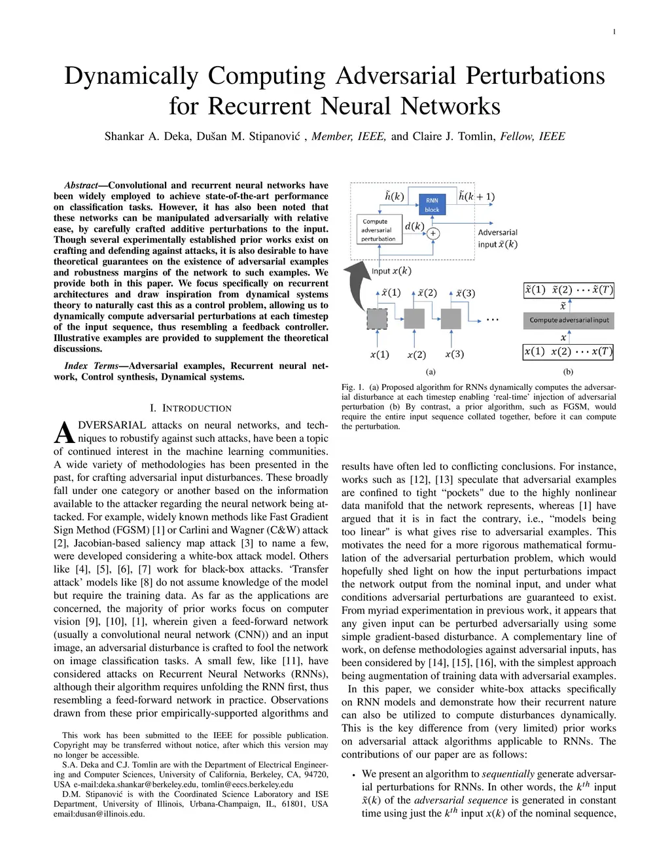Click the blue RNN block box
pos(432,205)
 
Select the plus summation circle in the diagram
pos(433,233)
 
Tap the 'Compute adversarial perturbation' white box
pos(378,230)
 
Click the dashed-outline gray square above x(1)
pos(377,319)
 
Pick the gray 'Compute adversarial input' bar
pos(569,320)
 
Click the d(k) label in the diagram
pos(414,226)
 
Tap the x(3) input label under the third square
pos(454,354)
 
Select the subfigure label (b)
pos(568,372)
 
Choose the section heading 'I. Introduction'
pos(190,408)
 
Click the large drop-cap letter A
pos(63,433)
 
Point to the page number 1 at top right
pos(614,32)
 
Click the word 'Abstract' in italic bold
pos(80,185)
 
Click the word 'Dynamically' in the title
pos(131,76)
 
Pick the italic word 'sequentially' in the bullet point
pos(508,773)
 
